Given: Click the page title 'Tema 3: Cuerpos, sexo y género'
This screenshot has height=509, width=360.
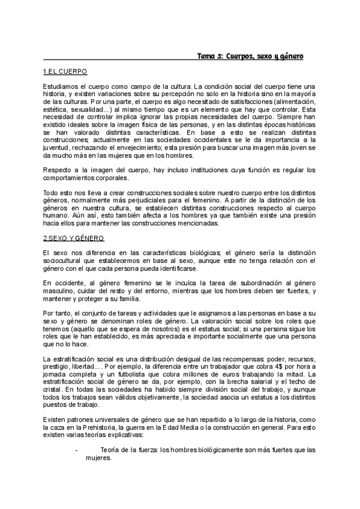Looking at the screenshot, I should (250, 56).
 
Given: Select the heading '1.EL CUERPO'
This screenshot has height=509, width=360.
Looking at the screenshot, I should (65, 71).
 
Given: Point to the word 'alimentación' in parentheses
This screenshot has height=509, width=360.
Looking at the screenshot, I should (290, 103).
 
